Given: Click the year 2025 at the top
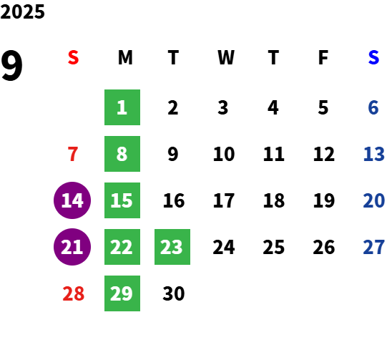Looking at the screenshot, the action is (x=22, y=11).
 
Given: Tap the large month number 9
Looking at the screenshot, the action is (x=11, y=65).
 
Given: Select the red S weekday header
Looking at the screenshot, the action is (x=73, y=57).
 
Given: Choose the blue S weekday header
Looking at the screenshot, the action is (x=373, y=57).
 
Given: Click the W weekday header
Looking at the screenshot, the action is (x=226, y=57).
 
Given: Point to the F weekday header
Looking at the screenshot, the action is (x=323, y=57).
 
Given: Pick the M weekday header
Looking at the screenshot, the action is (x=125, y=57).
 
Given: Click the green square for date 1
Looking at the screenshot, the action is (x=122, y=107).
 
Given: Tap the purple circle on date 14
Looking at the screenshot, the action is (x=72, y=200).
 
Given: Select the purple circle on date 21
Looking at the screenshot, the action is (x=72, y=247).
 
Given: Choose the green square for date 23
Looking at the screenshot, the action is (x=172, y=247).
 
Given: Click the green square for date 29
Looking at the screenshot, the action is (x=122, y=293).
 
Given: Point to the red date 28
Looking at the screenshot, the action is (x=73, y=293).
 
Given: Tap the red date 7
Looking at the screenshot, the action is (x=73, y=154).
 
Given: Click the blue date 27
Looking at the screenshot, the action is (x=373, y=247).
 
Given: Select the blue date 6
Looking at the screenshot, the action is (x=373, y=107).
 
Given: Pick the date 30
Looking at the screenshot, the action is (x=174, y=293).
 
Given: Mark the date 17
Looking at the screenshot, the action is (x=224, y=200).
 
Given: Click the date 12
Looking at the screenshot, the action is (x=324, y=154).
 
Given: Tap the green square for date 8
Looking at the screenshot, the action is (x=122, y=154).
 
